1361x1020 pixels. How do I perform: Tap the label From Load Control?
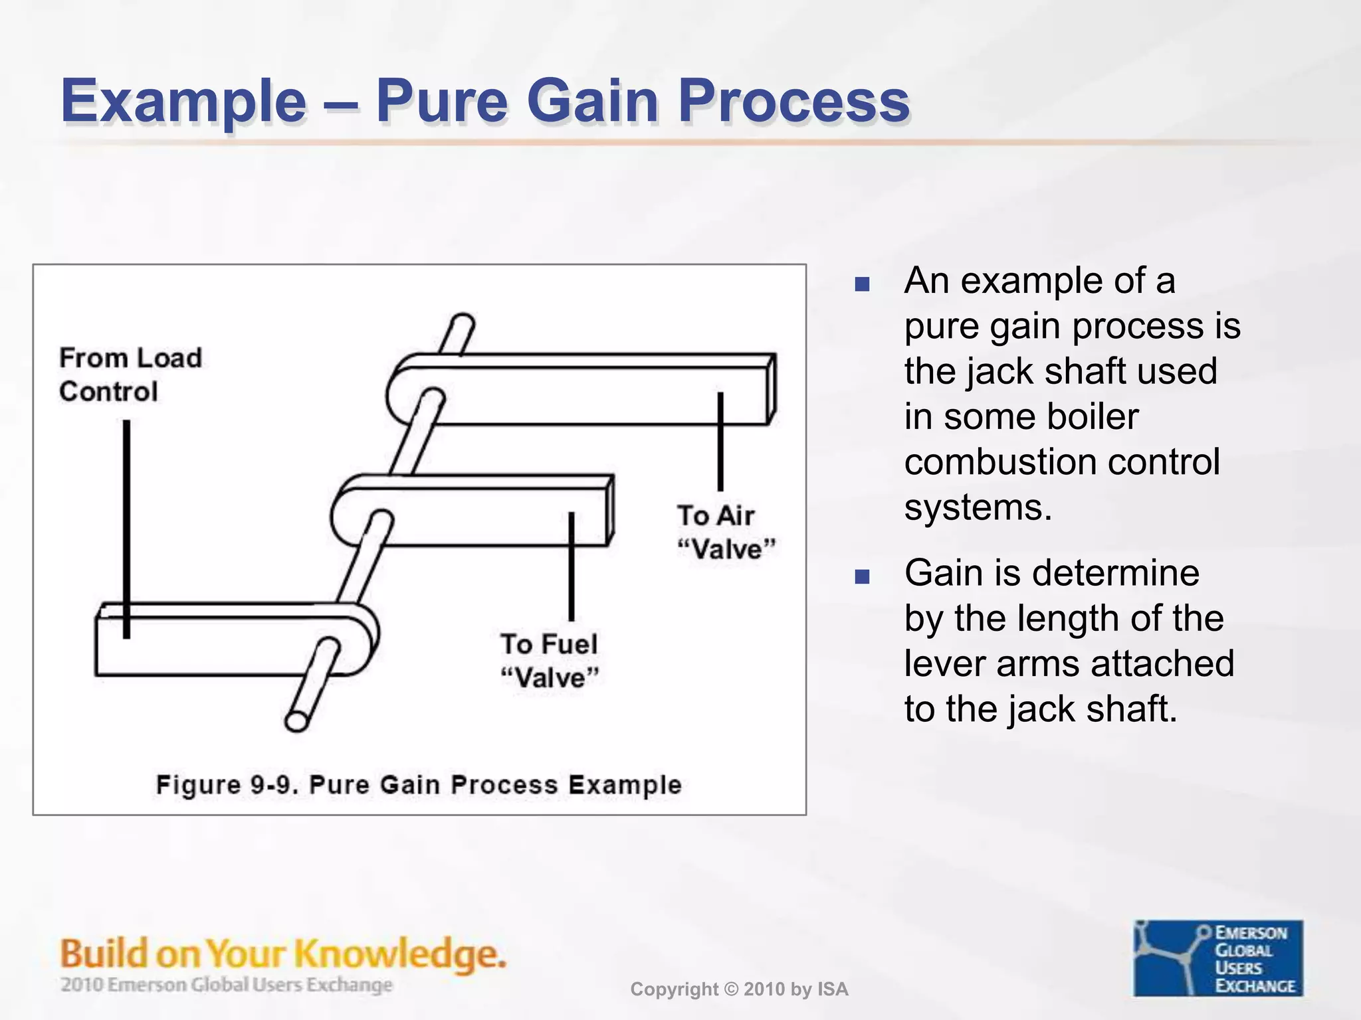point(130,375)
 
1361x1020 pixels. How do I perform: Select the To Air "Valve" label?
point(726,533)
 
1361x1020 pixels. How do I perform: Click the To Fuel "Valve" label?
point(550,661)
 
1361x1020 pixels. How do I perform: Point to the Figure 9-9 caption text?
point(419,785)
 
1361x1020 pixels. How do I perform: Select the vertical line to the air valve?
point(720,441)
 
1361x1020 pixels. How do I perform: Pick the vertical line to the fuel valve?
point(571,566)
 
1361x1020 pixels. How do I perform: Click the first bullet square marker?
point(862,285)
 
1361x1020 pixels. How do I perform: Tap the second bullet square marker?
point(862,576)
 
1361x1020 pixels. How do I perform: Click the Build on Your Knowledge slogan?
point(282,954)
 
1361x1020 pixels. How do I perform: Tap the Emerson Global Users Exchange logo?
point(1217,958)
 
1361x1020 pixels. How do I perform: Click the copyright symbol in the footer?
point(731,989)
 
